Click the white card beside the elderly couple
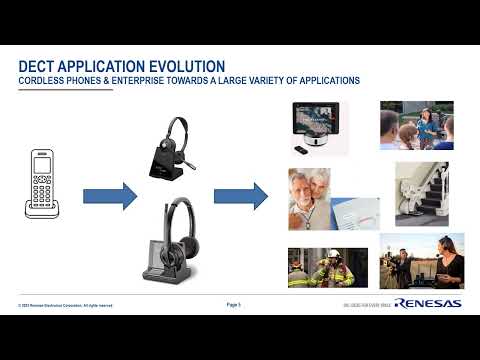[354, 211]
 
